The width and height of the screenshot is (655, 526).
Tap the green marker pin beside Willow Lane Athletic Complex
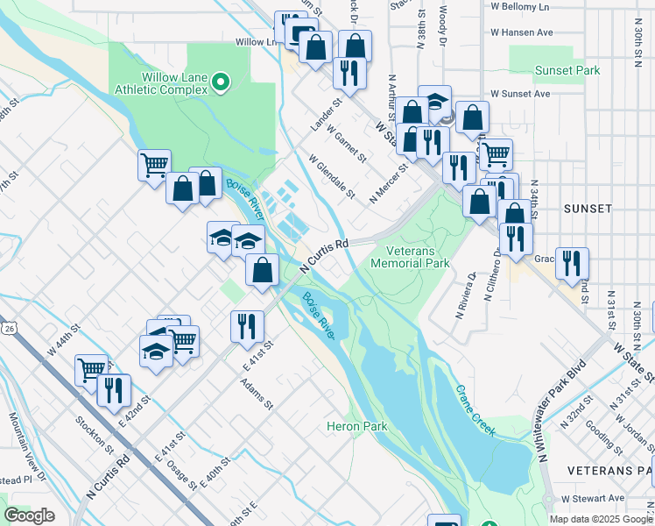click(x=222, y=83)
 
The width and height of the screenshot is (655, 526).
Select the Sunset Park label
click(x=567, y=70)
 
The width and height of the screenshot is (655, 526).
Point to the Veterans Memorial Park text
click(x=410, y=256)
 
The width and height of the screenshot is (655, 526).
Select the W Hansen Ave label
click(x=521, y=32)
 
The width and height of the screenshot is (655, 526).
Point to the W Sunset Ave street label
click(x=520, y=93)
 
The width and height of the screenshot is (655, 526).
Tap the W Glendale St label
click(x=332, y=175)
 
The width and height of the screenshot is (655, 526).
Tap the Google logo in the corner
click(x=29, y=515)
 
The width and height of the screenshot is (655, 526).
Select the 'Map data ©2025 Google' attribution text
click(x=600, y=519)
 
